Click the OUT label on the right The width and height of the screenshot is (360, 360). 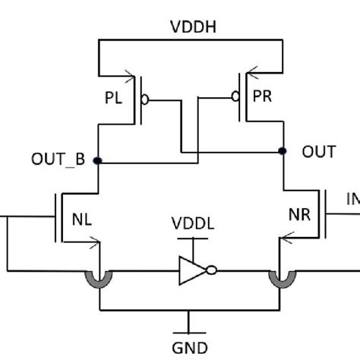click(318, 152)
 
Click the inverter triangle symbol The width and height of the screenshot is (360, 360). click(190, 270)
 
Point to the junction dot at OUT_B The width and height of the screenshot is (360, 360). click(99, 160)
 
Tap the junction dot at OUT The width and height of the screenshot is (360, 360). click(283, 150)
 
